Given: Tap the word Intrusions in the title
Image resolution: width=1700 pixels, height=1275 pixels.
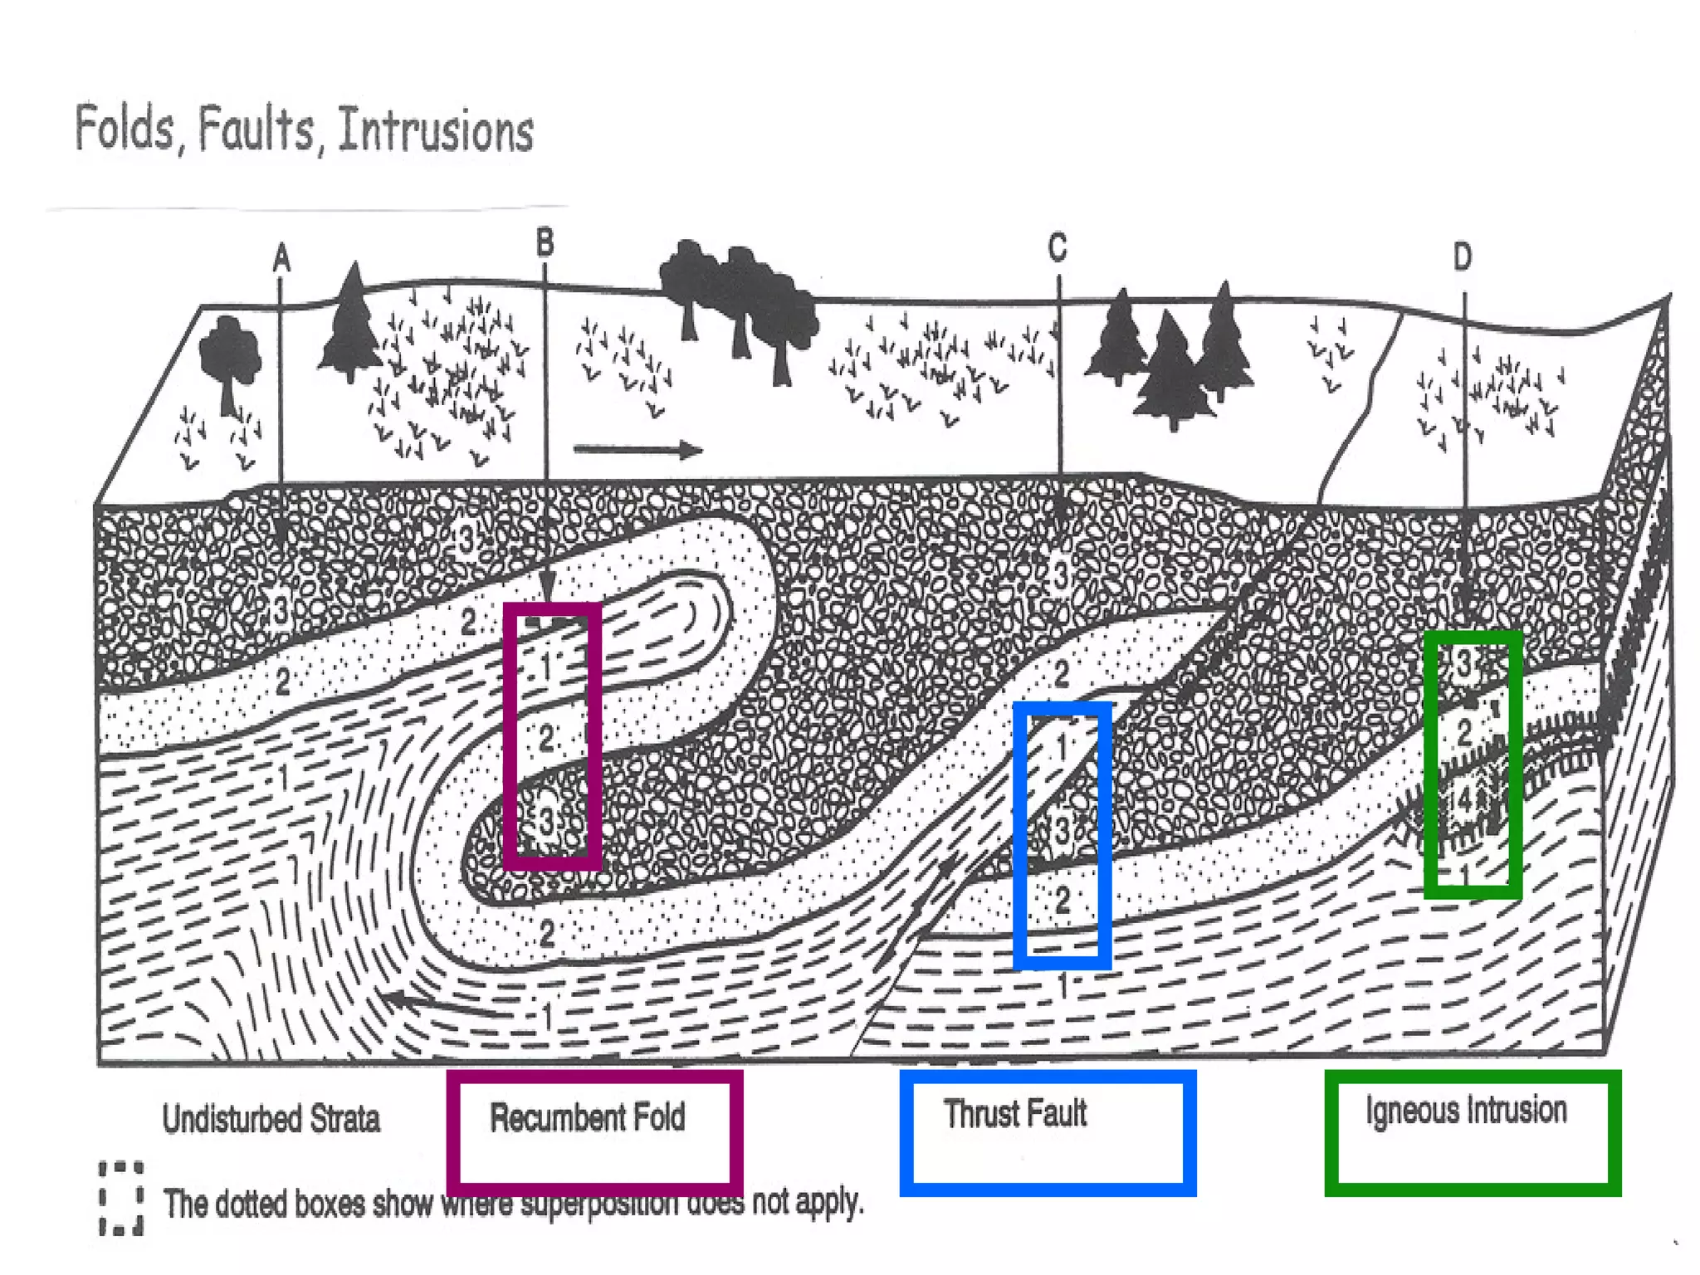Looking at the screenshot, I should pos(436,131).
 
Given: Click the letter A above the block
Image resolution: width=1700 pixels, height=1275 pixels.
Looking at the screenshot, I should pos(281,258).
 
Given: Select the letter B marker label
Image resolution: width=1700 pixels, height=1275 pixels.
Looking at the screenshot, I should pos(545,243).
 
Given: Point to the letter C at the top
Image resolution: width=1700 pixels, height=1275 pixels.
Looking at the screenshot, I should pos(1057,247).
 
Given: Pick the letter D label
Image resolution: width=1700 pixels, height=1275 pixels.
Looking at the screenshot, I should pos(1463,256).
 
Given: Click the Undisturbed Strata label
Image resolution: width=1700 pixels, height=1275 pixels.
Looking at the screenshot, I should pos(271,1118).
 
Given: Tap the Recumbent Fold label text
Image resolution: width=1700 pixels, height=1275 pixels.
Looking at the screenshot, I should pos(588,1117).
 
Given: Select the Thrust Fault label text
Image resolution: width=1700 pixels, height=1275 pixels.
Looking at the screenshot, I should pos(1014,1113).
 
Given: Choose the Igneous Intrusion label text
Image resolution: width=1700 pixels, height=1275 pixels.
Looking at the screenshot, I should pos(1466,1110).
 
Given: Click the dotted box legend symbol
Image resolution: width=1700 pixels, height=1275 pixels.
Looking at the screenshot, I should pos(121,1198).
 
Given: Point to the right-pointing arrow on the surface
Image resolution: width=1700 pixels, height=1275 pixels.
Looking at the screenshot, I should pos(637,450).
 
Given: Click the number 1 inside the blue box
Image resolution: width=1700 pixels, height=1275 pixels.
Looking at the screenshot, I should pos(1062,748).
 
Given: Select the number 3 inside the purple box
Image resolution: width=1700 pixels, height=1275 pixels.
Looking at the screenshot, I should pos(545,822).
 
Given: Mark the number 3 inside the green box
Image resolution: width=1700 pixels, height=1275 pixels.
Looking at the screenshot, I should pos(1465,662).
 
